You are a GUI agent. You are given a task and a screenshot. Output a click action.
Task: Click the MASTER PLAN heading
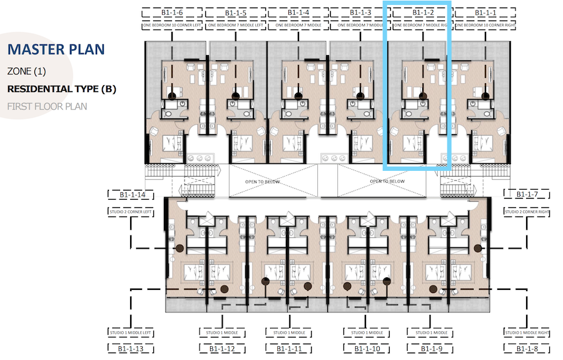tap(56, 49)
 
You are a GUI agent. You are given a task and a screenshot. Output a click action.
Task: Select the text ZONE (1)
tap(26, 72)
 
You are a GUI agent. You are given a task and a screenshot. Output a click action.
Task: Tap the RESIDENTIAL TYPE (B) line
tap(61, 89)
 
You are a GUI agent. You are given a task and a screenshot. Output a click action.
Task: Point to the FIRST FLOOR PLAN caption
tap(47, 106)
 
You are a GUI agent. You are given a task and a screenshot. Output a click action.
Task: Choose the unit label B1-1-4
tap(297, 13)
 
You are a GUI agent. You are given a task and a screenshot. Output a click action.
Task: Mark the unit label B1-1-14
tap(133, 195)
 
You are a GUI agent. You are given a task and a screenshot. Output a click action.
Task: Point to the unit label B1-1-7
tap(528, 195)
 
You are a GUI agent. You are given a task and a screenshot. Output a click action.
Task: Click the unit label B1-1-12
tap(222, 349)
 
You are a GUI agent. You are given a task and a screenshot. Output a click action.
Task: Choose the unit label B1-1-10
tap(367, 349)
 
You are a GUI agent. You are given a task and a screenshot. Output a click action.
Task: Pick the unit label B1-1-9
tap(430, 349)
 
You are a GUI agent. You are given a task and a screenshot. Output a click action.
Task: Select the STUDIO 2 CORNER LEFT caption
tap(131, 212)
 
